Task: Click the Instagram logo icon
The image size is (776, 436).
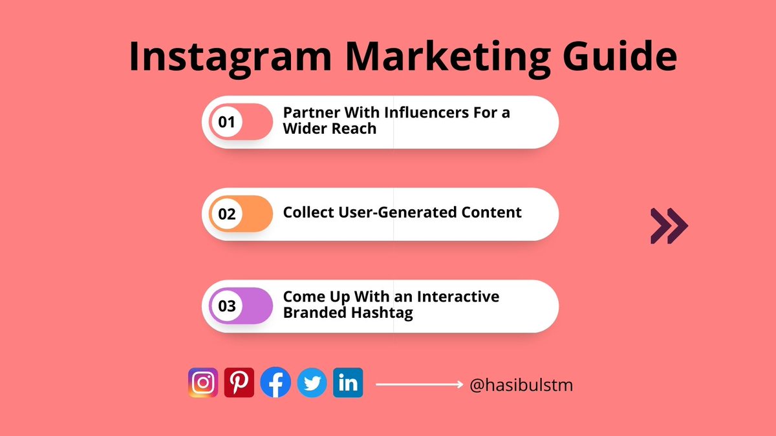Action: pyautogui.click(x=203, y=382)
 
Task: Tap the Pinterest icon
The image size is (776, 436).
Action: pyautogui.click(x=239, y=382)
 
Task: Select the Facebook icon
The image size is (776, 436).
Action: pyautogui.click(x=275, y=382)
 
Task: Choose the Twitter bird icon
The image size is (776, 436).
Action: pyautogui.click(x=312, y=383)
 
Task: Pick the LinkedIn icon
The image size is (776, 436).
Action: pyautogui.click(x=348, y=382)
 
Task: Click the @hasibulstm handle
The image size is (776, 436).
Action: pyautogui.click(x=521, y=386)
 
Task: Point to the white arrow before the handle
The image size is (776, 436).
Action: pyautogui.click(x=419, y=384)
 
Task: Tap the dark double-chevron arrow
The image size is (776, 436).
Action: pyautogui.click(x=669, y=226)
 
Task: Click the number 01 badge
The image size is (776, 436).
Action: pyautogui.click(x=226, y=121)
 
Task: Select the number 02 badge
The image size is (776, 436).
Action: pyautogui.click(x=226, y=214)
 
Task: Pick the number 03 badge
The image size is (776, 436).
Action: pyautogui.click(x=226, y=306)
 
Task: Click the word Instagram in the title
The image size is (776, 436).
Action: pyautogui.click(x=230, y=57)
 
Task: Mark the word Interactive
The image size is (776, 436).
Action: pyautogui.click(x=458, y=296)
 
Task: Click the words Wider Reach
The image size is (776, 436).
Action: pyautogui.click(x=330, y=129)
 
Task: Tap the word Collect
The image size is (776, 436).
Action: pyautogui.click(x=307, y=212)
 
